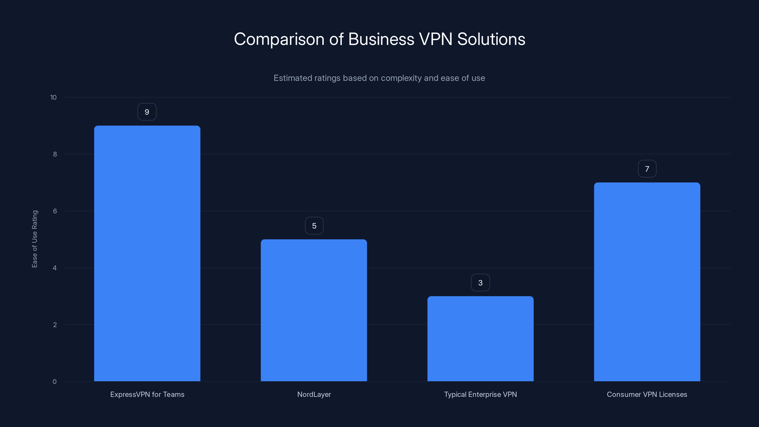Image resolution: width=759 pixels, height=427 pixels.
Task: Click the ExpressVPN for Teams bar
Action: click(x=147, y=253)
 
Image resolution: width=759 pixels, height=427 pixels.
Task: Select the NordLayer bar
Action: click(x=314, y=310)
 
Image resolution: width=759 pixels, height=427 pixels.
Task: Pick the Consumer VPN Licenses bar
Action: click(x=647, y=282)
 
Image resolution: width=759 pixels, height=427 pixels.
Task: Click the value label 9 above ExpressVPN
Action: click(x=147, y=112)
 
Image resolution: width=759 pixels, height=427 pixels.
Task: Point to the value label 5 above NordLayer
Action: click(x=314, y=226)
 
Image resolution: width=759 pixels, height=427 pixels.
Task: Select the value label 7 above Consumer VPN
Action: click(x=647, y=169)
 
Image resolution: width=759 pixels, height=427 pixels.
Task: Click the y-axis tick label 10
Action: click(x=53, y=97)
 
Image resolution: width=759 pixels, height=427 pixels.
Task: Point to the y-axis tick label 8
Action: click(x=55, y=154)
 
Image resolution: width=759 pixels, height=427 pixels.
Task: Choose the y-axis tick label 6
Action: click(x=55, y=211)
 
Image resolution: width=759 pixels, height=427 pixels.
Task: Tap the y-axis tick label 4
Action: click(x=55, y=268)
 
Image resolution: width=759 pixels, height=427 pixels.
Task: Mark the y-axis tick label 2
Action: click(x=55, y=325)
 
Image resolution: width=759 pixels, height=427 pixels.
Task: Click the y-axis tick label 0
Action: click(x=55, y=382)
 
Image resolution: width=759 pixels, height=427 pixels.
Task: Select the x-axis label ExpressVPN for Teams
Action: click(x=147, y=394)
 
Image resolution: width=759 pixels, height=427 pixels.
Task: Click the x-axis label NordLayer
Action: click(x=314, y=394)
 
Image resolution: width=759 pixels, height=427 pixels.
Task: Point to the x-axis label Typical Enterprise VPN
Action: click(x=480, y=394)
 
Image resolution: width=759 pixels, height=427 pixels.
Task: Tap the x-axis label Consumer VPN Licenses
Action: click(x=647, y=394)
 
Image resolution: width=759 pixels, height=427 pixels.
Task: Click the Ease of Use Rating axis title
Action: click(x=35, y=239)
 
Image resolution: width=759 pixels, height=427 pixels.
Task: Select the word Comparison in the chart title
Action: click(x=279, y=39)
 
